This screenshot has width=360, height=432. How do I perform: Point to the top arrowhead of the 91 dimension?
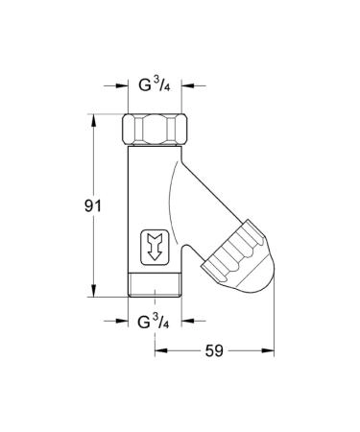tap(93, 117)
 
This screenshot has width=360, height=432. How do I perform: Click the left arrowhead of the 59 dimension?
tap(159, 350)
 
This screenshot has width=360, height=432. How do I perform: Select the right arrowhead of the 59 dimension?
tap(270, 350)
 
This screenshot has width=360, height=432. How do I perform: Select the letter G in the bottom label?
tap(145, 320)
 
